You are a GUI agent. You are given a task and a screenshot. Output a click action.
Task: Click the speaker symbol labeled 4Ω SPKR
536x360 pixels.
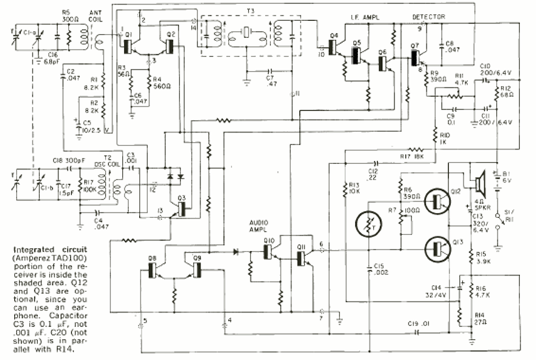pos(481,181)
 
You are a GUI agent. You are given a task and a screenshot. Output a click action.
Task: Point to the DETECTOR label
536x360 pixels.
pos(428,16)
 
